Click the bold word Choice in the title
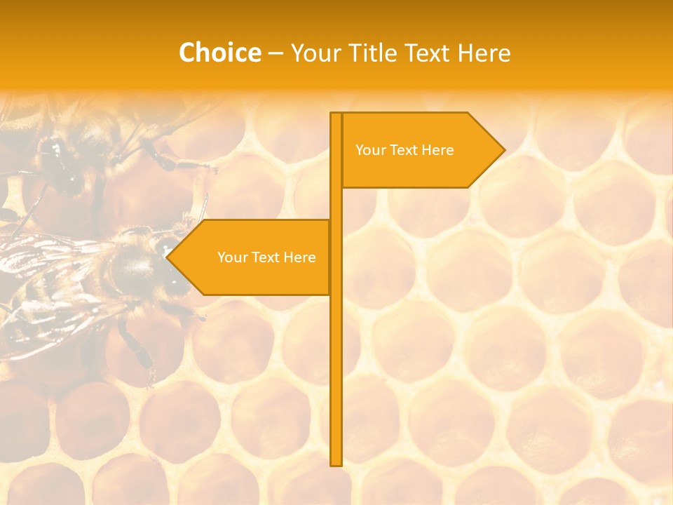[x=219, y=53]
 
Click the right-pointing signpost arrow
[x=421, y=150]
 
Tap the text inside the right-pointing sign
[x=405, y=150]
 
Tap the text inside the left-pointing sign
[x=266, y=257]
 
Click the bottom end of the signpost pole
[x=336, y=462]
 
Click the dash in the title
[x=276, y=53]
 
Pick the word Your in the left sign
[x=231, y=257]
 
